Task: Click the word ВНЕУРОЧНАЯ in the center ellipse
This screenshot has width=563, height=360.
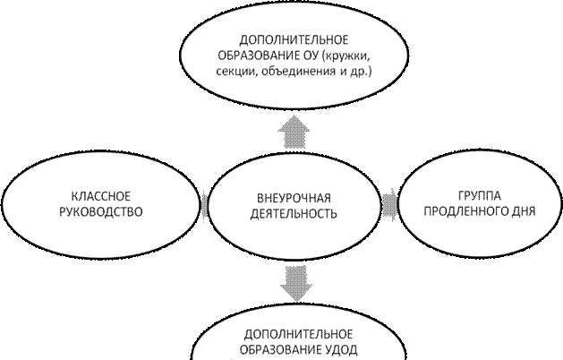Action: point(294,198)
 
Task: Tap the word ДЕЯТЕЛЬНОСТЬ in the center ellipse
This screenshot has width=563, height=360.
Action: point(294,214)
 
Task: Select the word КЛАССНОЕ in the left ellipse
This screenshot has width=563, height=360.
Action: point(101,196)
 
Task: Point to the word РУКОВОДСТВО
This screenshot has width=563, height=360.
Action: point(101,212)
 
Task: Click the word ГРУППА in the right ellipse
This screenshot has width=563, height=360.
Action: point(480,196)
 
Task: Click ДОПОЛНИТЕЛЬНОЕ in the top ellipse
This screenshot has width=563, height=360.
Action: point(294,40)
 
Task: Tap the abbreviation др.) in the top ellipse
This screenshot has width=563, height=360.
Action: point(361,73)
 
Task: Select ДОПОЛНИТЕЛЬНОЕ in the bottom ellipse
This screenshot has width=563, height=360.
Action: point(298,335)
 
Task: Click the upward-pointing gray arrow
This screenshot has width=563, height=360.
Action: point(294,132)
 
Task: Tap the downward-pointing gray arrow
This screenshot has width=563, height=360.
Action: point(296,284)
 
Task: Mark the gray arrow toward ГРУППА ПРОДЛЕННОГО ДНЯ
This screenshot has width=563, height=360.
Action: point(389,205)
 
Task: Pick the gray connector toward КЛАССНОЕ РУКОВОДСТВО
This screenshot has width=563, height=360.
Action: point(204,205)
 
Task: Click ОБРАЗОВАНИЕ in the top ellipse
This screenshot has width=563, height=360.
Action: point(256,56)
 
